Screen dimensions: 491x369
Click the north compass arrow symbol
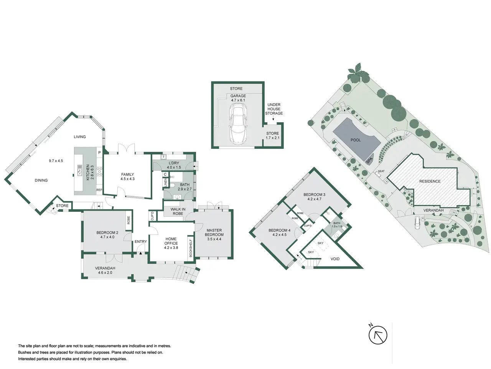coord(377,336)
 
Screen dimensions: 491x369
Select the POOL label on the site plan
coord(356,140)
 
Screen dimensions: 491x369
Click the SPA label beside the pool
coord(369,160)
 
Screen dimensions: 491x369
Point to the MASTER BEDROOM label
coord(214,232)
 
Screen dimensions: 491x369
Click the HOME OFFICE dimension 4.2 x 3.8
coord(171,248)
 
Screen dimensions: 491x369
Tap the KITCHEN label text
coord(88,173)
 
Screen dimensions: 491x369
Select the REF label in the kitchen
coord(99,190)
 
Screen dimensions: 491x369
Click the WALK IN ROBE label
coord(178,211)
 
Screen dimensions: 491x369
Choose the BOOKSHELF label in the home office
coord(191,248)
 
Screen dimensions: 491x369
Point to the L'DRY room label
coord(174,163)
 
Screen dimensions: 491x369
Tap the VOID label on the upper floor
coord(335,259)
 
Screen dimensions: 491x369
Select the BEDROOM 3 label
coord(314,194)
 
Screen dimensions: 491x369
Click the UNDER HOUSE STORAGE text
coord(274,109)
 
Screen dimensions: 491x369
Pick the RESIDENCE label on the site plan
coord(430,181)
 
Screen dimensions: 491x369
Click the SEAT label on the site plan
coord(381,171)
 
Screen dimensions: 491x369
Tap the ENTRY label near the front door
coord(140,241)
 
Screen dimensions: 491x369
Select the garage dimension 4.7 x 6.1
coord(238,100)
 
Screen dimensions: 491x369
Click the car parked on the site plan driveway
coord(417,223)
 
